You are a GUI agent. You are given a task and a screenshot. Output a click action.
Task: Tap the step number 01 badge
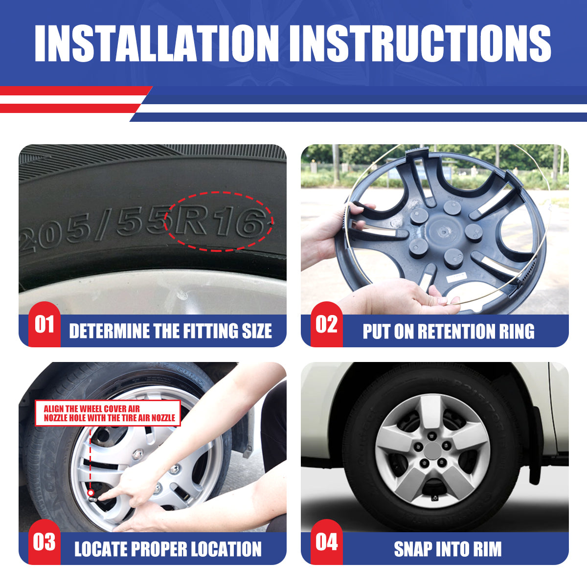coord(44,324)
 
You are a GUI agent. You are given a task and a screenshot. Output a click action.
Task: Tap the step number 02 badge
coord(326,324)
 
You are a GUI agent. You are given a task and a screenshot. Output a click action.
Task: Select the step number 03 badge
coord(44,542)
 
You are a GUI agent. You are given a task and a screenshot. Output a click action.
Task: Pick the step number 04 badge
coord(326,542)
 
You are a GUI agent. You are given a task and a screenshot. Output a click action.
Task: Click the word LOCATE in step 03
coord(101,549)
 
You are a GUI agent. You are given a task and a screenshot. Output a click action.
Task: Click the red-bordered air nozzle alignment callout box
coord(108,413)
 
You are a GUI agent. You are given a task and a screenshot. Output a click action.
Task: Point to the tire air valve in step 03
coord(91,493)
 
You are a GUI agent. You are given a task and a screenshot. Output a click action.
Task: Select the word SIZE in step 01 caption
coord(257,331)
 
